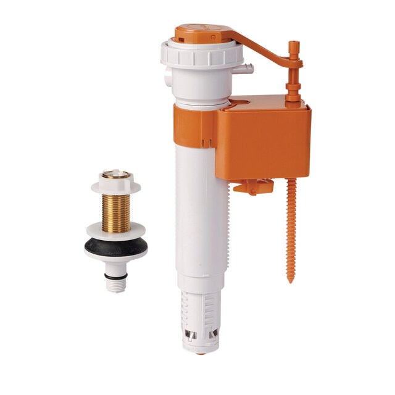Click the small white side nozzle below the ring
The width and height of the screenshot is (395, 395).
[x=246, y=67]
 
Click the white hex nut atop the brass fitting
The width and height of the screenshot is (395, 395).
[x=115, y=184]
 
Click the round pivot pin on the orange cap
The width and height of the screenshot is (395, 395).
[x=213, y=37]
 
